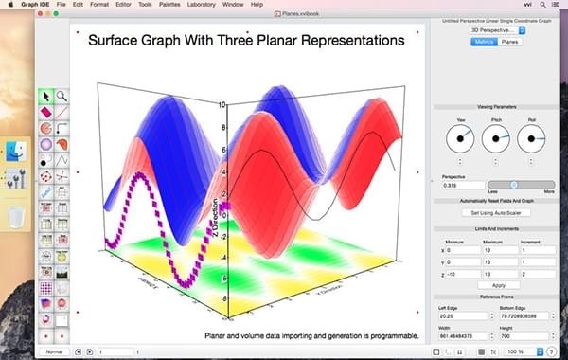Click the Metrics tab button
(483, 43)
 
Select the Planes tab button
(510, 43)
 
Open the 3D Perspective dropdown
(497, 30)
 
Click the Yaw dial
(462, 139)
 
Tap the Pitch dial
(496, 139)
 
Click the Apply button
(498, 285)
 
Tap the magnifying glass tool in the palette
(62, 96)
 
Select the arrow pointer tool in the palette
(45, 96)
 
